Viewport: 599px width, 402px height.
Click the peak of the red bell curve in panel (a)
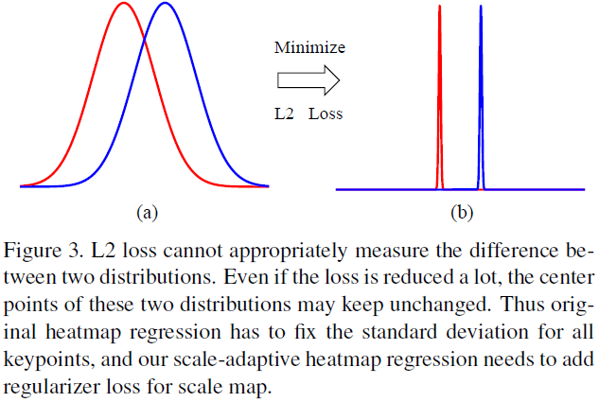[123, 4]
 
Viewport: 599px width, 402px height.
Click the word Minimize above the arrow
[309, 47]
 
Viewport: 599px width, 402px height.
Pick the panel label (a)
[145, 213]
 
